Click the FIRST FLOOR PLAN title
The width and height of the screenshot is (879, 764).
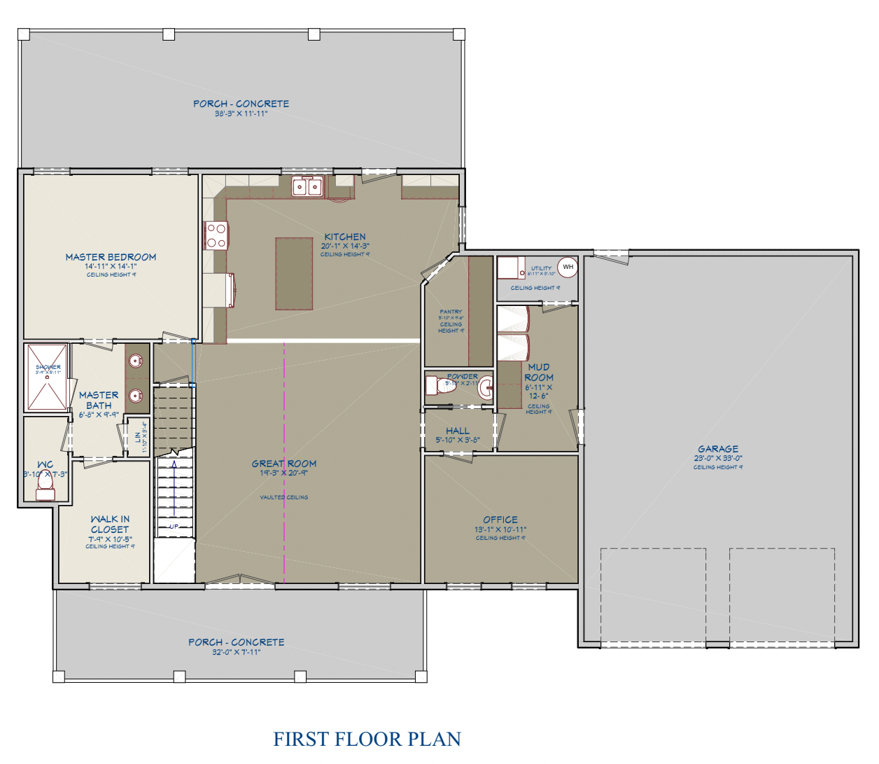[367, 739]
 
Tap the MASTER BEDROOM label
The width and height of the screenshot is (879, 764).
[111, 257]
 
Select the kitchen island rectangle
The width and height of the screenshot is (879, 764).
[294, 273]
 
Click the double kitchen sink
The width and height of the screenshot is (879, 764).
[307, 186]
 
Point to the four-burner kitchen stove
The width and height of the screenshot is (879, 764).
[216, 235]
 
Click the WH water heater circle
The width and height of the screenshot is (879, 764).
[568, 267]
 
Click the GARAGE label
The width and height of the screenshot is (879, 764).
[718, 449]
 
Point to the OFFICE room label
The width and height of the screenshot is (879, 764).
[500, 520]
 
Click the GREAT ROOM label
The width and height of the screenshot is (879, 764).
[284, 464]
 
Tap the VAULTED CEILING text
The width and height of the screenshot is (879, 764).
[284, 497]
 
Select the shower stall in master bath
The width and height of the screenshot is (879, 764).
[47, 377]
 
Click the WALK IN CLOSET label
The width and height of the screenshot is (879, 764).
[110, 524]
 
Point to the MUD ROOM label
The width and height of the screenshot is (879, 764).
[539, 372]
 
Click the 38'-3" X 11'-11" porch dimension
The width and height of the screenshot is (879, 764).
[241, 113]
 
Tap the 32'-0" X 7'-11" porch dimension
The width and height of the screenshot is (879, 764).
[237, 652]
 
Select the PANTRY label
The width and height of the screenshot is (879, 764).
[451, 312]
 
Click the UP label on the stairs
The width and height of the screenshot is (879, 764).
[174, 526]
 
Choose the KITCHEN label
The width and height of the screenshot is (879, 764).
[345, 237]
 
